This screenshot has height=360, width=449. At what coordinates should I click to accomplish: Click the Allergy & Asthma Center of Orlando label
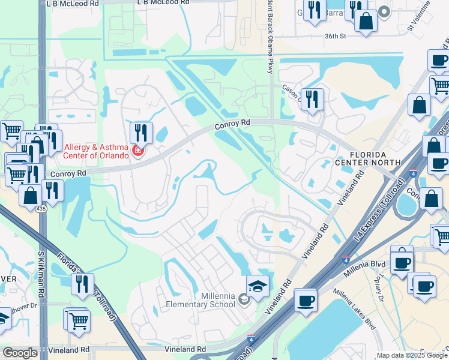pyautogui.click(x=88, y=151)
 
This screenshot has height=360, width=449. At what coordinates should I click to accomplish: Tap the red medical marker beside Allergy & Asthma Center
pyautogui.click(x=137, y=150)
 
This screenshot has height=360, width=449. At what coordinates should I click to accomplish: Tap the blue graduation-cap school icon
pyautogui.click(x=258, y=286)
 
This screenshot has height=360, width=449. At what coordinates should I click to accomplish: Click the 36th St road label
pyautogui.click(x=336, y=36)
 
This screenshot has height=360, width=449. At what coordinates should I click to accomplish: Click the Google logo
pyautogui.click(x=20, y=353)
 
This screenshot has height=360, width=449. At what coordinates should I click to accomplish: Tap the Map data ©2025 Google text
pyautogui.click(x=412, y=355)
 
